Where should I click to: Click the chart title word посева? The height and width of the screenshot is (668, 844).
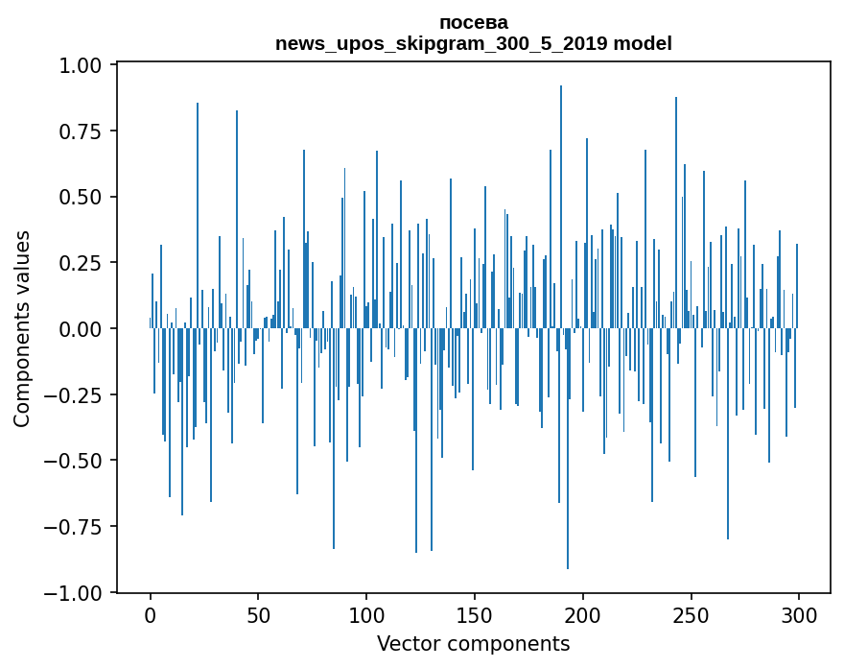click(474, 22)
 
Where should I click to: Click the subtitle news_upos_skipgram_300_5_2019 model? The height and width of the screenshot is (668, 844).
click(474, 43)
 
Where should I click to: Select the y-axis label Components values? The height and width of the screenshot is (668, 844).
click(22, 328)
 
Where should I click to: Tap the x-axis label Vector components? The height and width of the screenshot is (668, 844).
click(474, 644)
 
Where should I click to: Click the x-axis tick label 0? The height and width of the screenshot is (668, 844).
click(151, 615)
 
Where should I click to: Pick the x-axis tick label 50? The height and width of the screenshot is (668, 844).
click(258, 615)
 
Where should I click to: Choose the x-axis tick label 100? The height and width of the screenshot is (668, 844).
click(366, 615)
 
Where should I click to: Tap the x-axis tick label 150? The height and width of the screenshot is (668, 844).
click(474, 615)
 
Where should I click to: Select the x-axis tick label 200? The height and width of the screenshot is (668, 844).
click(582, 615)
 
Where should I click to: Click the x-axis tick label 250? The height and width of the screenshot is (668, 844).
click(690, 615)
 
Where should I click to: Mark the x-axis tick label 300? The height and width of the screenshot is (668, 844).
click(798, 615)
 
